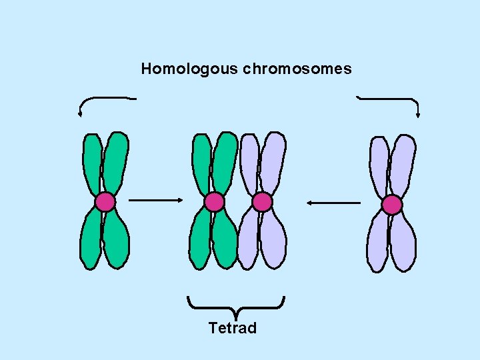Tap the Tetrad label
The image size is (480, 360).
pos(233,328)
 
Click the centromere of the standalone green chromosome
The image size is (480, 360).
pos(105,202)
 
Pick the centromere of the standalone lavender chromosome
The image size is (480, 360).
pos(392,204)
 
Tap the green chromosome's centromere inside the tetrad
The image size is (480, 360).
pos(214,202)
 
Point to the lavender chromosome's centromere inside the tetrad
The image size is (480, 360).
pos(262,202)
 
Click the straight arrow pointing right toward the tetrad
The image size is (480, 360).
pos(155,199)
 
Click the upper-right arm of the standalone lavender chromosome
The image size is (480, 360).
pos(403,165)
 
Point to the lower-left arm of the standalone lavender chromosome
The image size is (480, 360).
pos(377,243)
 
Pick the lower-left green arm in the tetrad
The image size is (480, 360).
pos(200,240)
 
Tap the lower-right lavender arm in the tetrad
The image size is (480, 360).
pos(273,240)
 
